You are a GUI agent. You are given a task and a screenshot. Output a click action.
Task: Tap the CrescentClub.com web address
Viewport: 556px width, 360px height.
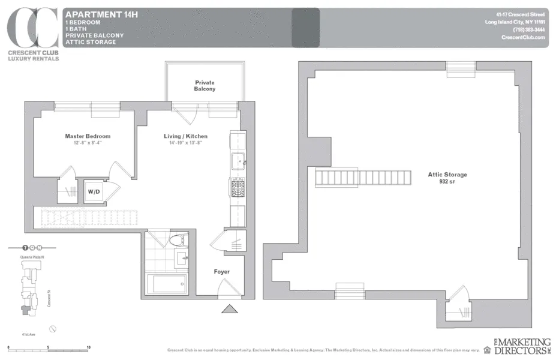point(523,37)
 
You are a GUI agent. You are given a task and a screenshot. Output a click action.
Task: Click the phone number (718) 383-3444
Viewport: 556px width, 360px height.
point(528,30)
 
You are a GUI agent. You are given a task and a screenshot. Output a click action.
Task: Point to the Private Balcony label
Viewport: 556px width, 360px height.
point(205,86)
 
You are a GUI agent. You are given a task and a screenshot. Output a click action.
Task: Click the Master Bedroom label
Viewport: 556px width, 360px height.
point(88,136)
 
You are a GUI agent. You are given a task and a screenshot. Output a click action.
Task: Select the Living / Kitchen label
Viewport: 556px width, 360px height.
point(186,136)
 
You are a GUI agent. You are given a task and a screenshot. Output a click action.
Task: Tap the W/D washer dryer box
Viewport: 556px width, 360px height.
point(95,192)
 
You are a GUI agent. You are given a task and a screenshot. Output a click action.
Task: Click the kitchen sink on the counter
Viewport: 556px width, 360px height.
point(238,161)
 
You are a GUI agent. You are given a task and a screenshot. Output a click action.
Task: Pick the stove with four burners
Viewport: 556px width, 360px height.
point(237,189)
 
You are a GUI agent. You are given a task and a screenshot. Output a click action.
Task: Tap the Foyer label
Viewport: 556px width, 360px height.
point(222,272)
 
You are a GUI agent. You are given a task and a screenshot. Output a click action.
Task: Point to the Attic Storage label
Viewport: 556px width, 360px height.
point(447,175)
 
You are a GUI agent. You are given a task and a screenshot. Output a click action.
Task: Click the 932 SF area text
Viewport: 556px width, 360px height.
point(447,181)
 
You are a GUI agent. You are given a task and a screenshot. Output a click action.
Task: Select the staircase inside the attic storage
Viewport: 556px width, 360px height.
point(363,178)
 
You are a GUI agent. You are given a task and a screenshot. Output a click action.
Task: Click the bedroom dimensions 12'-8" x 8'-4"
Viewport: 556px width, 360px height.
point(88,143)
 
